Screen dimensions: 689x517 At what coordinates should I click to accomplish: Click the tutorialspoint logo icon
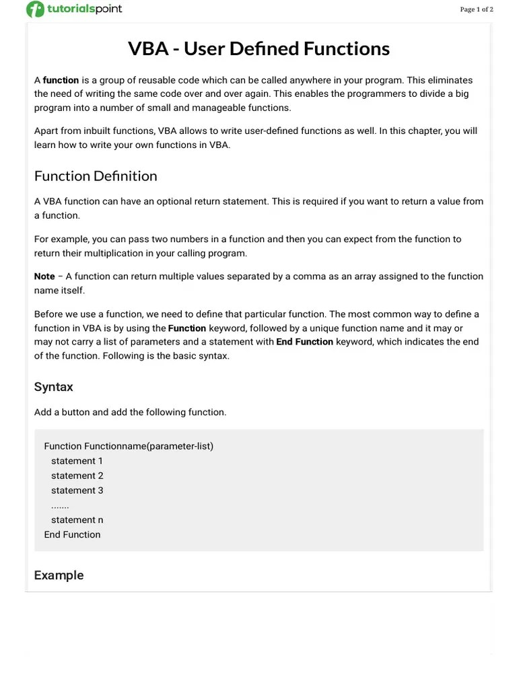(35, 9)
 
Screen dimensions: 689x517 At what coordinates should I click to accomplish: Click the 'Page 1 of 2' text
(476, 9)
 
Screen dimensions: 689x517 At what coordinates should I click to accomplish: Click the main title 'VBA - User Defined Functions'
(258, 48)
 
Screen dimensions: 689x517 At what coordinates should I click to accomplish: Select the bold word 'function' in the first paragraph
(61, 80)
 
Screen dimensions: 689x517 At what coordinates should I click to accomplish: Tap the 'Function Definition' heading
(96, 176)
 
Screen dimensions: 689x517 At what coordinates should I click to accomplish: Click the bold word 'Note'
(44, 277)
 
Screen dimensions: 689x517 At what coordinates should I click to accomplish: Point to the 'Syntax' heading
(53, 387)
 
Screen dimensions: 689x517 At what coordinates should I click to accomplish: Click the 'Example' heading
(59, 575)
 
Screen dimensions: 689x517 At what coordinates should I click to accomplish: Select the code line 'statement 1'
(77, 461)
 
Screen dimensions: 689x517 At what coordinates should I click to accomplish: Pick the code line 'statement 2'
(77, 476)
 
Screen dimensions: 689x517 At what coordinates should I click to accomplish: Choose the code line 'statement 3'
(77, 491)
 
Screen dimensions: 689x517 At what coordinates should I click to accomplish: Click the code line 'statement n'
(77, 520)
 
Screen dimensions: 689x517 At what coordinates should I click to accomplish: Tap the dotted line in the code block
(60, 505)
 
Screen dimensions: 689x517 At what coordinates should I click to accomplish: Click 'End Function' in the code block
(72, 535)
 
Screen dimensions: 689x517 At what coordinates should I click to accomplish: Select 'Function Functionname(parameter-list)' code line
(129, 446)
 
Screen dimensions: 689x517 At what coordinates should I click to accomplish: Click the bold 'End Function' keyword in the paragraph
(304, 342)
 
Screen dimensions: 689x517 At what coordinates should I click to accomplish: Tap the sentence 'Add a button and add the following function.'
(130, 412)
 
